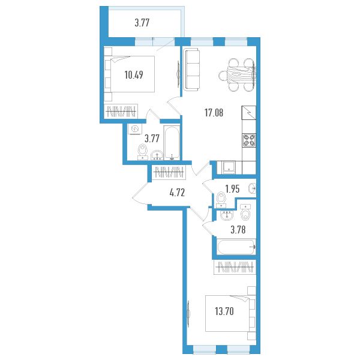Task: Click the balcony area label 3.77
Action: [142, 23]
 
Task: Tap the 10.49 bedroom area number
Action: [134, 75]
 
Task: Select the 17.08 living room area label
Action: [214, 113]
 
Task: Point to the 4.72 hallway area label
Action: [177, 193]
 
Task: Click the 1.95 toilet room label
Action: [232, 189]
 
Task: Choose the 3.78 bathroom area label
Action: [238, 230]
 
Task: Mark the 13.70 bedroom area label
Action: [224, 311]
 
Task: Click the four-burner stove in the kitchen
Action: [249, 140]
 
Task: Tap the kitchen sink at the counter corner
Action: [229, 167]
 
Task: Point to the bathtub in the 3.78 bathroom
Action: [236, 247]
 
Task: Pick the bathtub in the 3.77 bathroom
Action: [172, 142]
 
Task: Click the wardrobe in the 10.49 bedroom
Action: [121, 112]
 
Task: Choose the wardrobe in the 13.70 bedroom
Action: [235, 267]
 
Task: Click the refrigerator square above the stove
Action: [249, 113]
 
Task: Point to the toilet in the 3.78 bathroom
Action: [245, 212]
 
